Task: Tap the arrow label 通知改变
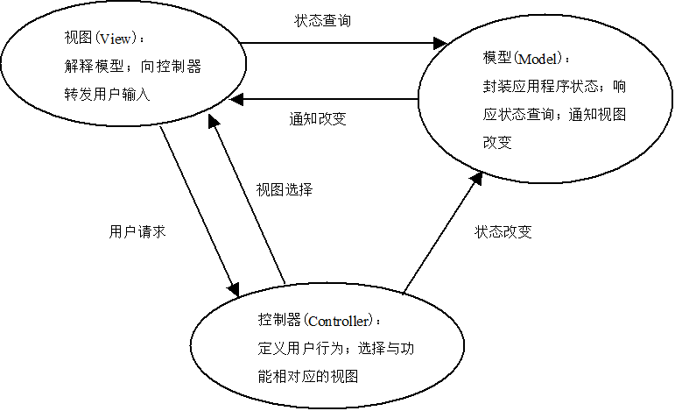point(317,119)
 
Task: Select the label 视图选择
point(285,189)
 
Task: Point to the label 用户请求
point(137,232)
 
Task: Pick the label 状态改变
point(503,232)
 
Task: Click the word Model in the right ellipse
point(540,59)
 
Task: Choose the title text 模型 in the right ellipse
point(496,59)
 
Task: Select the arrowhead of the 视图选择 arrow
point(211,123)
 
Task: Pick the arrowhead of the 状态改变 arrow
point(476,177)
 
